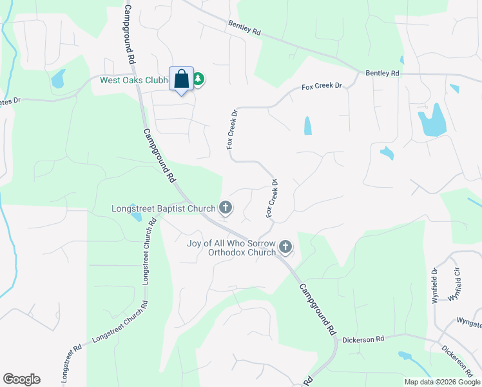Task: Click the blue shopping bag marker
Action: pos(181,79)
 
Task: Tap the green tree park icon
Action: pos(198,79)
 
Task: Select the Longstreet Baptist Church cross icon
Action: pos(226,208)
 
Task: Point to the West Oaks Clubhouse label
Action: pos(133,80)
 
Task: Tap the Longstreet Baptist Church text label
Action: pos(164,208)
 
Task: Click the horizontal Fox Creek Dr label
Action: pos(320,86)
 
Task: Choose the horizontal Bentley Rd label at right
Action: pos(383,74)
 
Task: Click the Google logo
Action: pos(21,379)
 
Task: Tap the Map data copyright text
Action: pos(442,382)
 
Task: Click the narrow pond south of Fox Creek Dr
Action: pos(307,125)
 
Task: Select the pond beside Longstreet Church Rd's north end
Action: pos(137,215)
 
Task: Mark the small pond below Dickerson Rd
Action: pos(405,355)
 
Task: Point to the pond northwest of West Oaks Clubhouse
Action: pos(58,79)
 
